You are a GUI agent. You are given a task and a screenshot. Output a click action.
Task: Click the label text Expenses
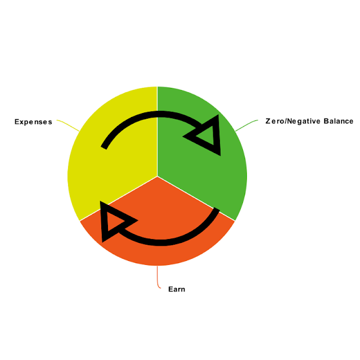tap(33, 121)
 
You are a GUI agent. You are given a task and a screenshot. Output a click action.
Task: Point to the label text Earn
tap(177, 289)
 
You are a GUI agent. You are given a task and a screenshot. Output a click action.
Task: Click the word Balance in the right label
tap(338, 121)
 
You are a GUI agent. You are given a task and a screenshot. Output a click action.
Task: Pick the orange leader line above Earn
tap(158, 278)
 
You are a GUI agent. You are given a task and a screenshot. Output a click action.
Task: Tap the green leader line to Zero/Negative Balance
tap(246, 124)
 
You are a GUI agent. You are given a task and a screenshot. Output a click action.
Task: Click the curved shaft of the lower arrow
tap(169, 241)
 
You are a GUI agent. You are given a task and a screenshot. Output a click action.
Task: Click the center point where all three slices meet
tap(157, 176)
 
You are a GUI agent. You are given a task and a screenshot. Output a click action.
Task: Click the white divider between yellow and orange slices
tap(118, 198)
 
